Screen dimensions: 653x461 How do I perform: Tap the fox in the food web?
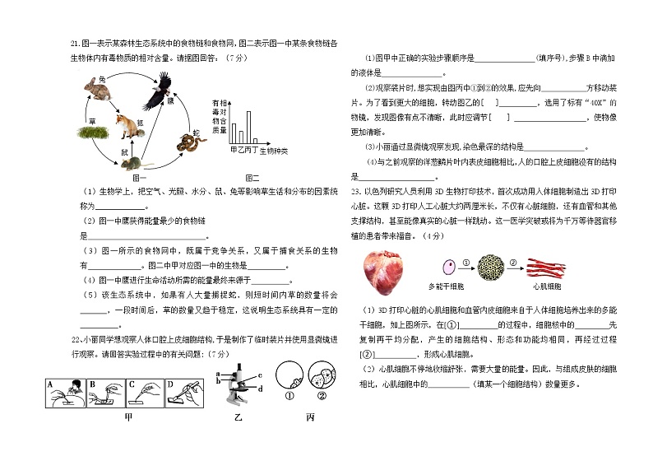[x=126, y=127]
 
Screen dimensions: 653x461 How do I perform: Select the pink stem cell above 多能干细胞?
[x=448, y=268]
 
